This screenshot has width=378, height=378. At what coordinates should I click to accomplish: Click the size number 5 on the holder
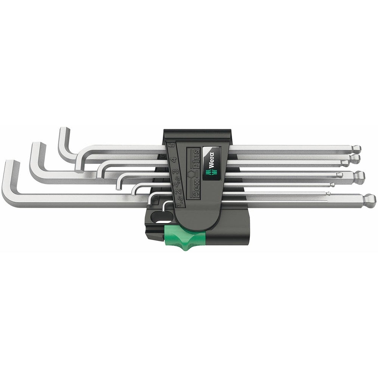tap(172, 145)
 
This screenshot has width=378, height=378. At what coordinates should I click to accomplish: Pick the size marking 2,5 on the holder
tap(177, 184)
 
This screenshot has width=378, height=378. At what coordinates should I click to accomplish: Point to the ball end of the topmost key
tap(356, 148)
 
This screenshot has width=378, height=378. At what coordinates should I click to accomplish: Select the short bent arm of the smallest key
tap(166, 207)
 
